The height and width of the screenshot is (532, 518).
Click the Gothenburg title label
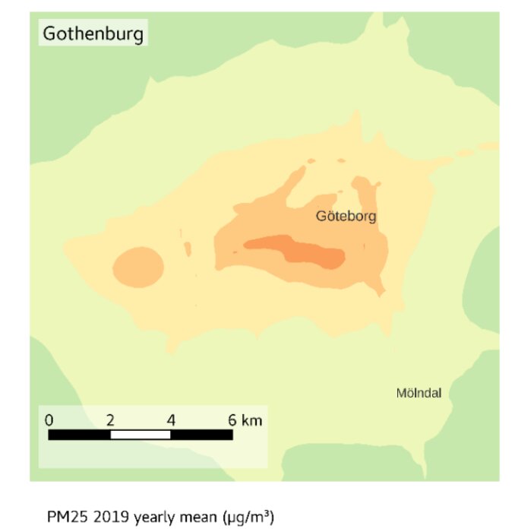point(93,34)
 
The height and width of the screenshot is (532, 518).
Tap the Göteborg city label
point(346,217)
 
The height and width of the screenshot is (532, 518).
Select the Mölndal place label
point(419,393)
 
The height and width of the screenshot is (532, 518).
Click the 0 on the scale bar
point(49,420)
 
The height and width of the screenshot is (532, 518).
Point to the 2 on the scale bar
point(110,420)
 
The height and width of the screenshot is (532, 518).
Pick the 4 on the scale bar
point(171,420)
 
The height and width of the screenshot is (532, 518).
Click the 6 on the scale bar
point(232,420)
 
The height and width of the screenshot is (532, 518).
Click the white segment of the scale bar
point(141,435)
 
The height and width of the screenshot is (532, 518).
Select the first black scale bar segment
point(80,435)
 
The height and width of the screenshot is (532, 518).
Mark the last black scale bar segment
point(202,435)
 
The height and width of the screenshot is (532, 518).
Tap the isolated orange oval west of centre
point(138,267)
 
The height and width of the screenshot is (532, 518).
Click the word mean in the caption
point(200,518)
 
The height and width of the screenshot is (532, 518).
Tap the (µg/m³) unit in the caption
point(248,518)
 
